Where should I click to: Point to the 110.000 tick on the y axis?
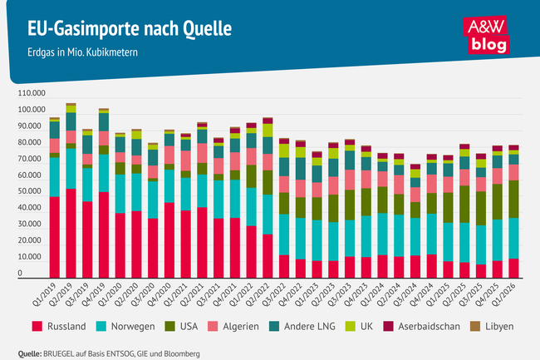[x=29, y=94]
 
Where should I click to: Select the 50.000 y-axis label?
[x=31, y=192]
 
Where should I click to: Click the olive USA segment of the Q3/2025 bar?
[x=481, y=206]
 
